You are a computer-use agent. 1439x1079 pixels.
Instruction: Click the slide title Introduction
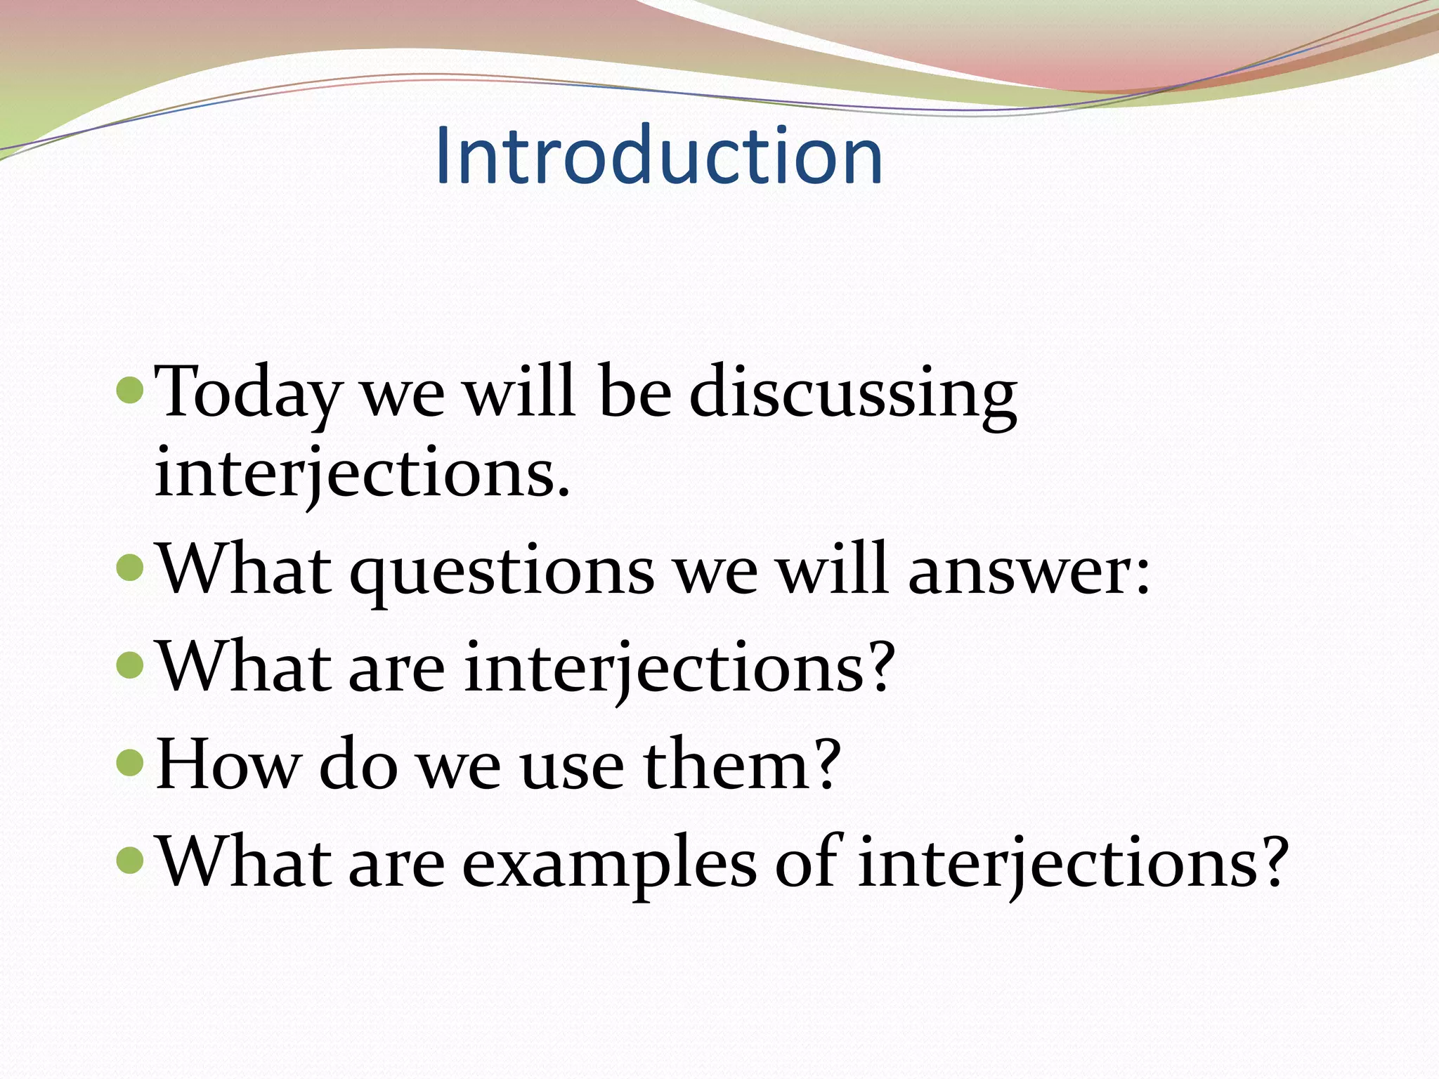pyautogui.click(x=658, y=155)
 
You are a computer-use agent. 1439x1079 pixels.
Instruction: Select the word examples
pyautogui.click(x=608, y=863)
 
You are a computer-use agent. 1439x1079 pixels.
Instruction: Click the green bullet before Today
pyautogui.click(x=130, y=391)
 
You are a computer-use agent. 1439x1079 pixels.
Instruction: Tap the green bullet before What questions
pyautogui.click(x=130, y=567)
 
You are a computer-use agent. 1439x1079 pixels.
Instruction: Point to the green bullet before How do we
pyautogui.click(x=130, y=761)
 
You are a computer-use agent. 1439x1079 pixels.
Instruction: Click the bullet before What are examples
pyautogui.click(x=130, y=859)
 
